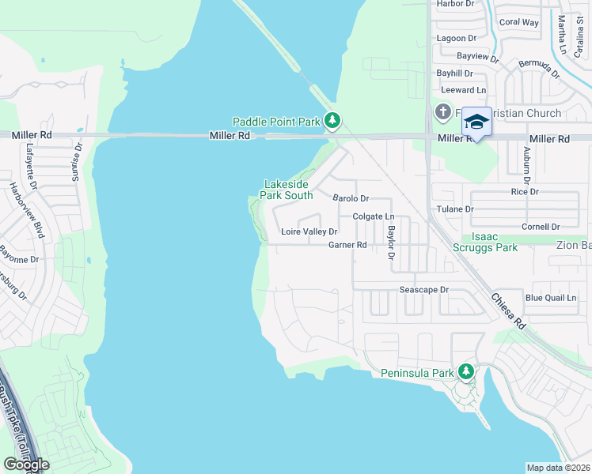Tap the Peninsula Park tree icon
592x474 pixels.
tap(466, 371)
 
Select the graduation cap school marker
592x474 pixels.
tap(476, 122)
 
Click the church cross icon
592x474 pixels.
tap(442, 113)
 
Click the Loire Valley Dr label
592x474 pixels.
tap(309, 232)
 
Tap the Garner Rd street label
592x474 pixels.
tap(347, 245)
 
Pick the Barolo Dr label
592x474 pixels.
tap(351, 198)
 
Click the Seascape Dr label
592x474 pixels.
tap(423, 290)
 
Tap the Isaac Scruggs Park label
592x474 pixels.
tap(495, 242)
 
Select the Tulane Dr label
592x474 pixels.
tap(455, 209)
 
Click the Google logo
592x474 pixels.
tap(26, 465)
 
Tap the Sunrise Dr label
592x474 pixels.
tap(78, 163)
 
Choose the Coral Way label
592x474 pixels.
tap(518, 22)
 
